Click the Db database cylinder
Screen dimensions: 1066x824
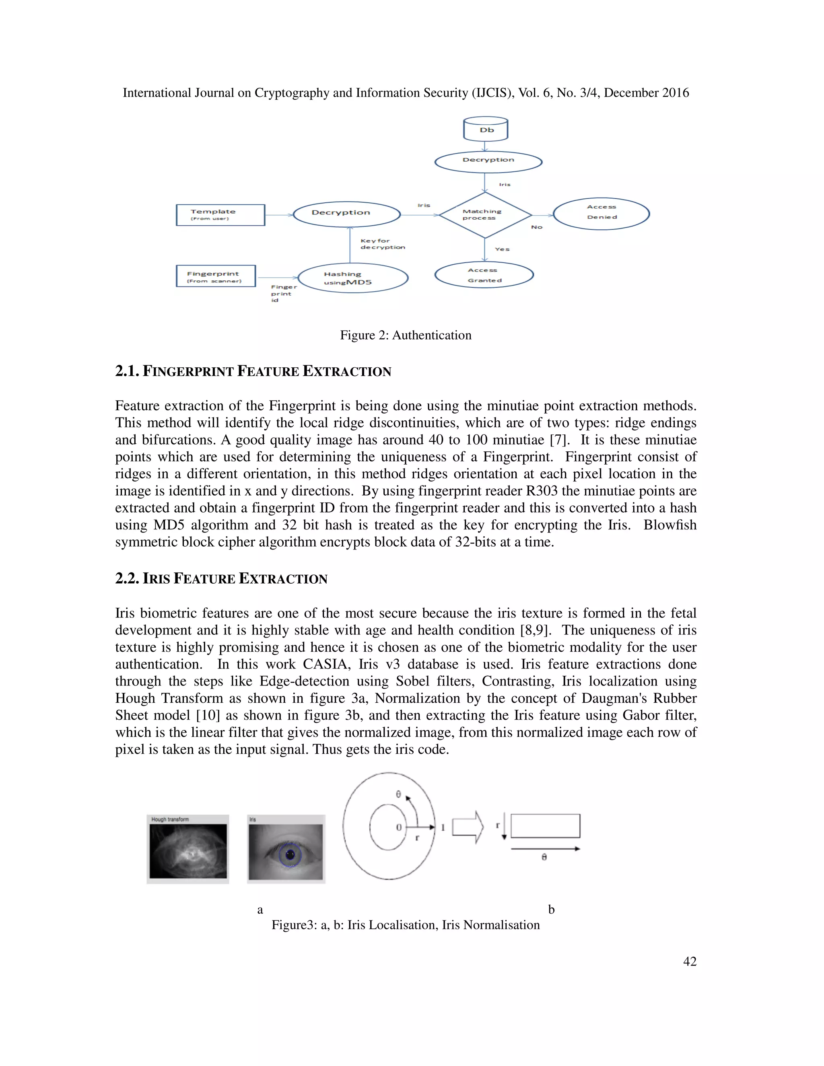(485, 130)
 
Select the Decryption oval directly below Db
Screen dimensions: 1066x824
(488, 162)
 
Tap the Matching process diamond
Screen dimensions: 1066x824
(485, 215)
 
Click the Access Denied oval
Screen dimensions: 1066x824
(602, 213)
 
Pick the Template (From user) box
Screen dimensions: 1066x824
(220, 215)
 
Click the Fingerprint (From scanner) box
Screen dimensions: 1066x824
(215, 276)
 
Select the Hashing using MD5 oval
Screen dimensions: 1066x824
(352, 278)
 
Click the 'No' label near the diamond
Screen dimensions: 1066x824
(536, 227)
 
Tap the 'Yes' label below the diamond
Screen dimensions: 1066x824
(502, 249)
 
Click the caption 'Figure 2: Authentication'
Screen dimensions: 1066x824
(406, 335)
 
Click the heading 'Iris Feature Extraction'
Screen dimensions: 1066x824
(221, 579)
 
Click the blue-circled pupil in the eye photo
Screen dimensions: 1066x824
(290, 854)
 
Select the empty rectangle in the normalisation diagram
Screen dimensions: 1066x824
(545, 826)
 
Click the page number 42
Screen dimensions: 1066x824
(689, 961)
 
